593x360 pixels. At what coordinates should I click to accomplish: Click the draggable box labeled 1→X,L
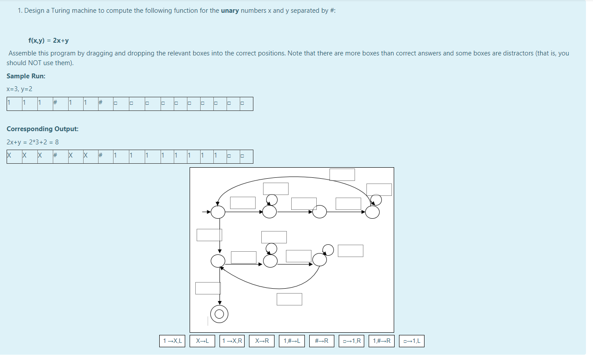[x=172, y=341]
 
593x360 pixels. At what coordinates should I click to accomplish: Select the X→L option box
[x=203, y=341]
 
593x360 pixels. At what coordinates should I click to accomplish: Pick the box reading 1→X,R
[x=233, y=341]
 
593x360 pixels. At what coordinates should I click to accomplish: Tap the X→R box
[x=262, y=341]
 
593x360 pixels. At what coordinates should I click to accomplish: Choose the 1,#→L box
[x=292, y=341]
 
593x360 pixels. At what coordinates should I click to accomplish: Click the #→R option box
[x=322, y=341]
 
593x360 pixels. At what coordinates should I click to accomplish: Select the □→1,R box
[x=352, y=341]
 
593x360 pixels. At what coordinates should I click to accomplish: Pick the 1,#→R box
[x=381, y=341]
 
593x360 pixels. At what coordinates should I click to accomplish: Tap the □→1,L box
[x=412, y=341]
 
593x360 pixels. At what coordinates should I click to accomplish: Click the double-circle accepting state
[x=220, y=314]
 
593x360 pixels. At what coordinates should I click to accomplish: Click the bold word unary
[x=230, y=11]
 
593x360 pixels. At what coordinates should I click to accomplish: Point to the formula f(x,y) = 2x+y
[x=48, y=40]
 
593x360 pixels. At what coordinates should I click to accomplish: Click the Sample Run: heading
[x=26, y=76]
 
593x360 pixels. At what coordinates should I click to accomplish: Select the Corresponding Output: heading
[x=43, y=129]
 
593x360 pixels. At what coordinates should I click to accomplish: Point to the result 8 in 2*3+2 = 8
[x=57, y=142]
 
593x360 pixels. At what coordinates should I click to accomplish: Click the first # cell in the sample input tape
[x=56, y=103]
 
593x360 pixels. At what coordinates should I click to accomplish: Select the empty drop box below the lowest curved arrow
[x=289, y=299]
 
